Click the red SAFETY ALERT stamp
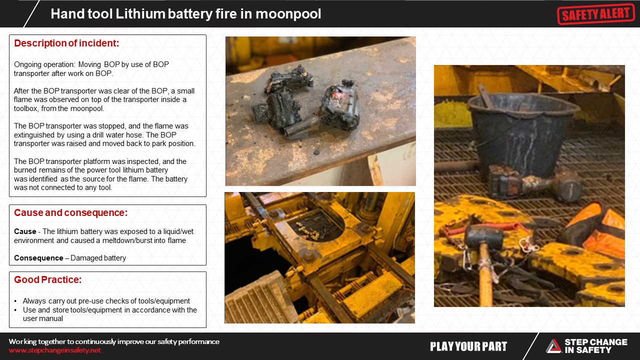[x=595, y=13]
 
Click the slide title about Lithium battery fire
[x=185, y=14]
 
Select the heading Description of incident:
[x=66, y=43]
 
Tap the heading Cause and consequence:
[x=70, y=212]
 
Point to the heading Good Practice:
[x=47, y=279]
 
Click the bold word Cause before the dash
[x=25, y=231]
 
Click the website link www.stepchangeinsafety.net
[x=54, y=350]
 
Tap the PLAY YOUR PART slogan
[x=468, y=346]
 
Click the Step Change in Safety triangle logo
[x=553, y=346]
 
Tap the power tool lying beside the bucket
[x=530, y=183]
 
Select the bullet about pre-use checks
[x=106, y=301]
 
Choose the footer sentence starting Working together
[x=114, y=341]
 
